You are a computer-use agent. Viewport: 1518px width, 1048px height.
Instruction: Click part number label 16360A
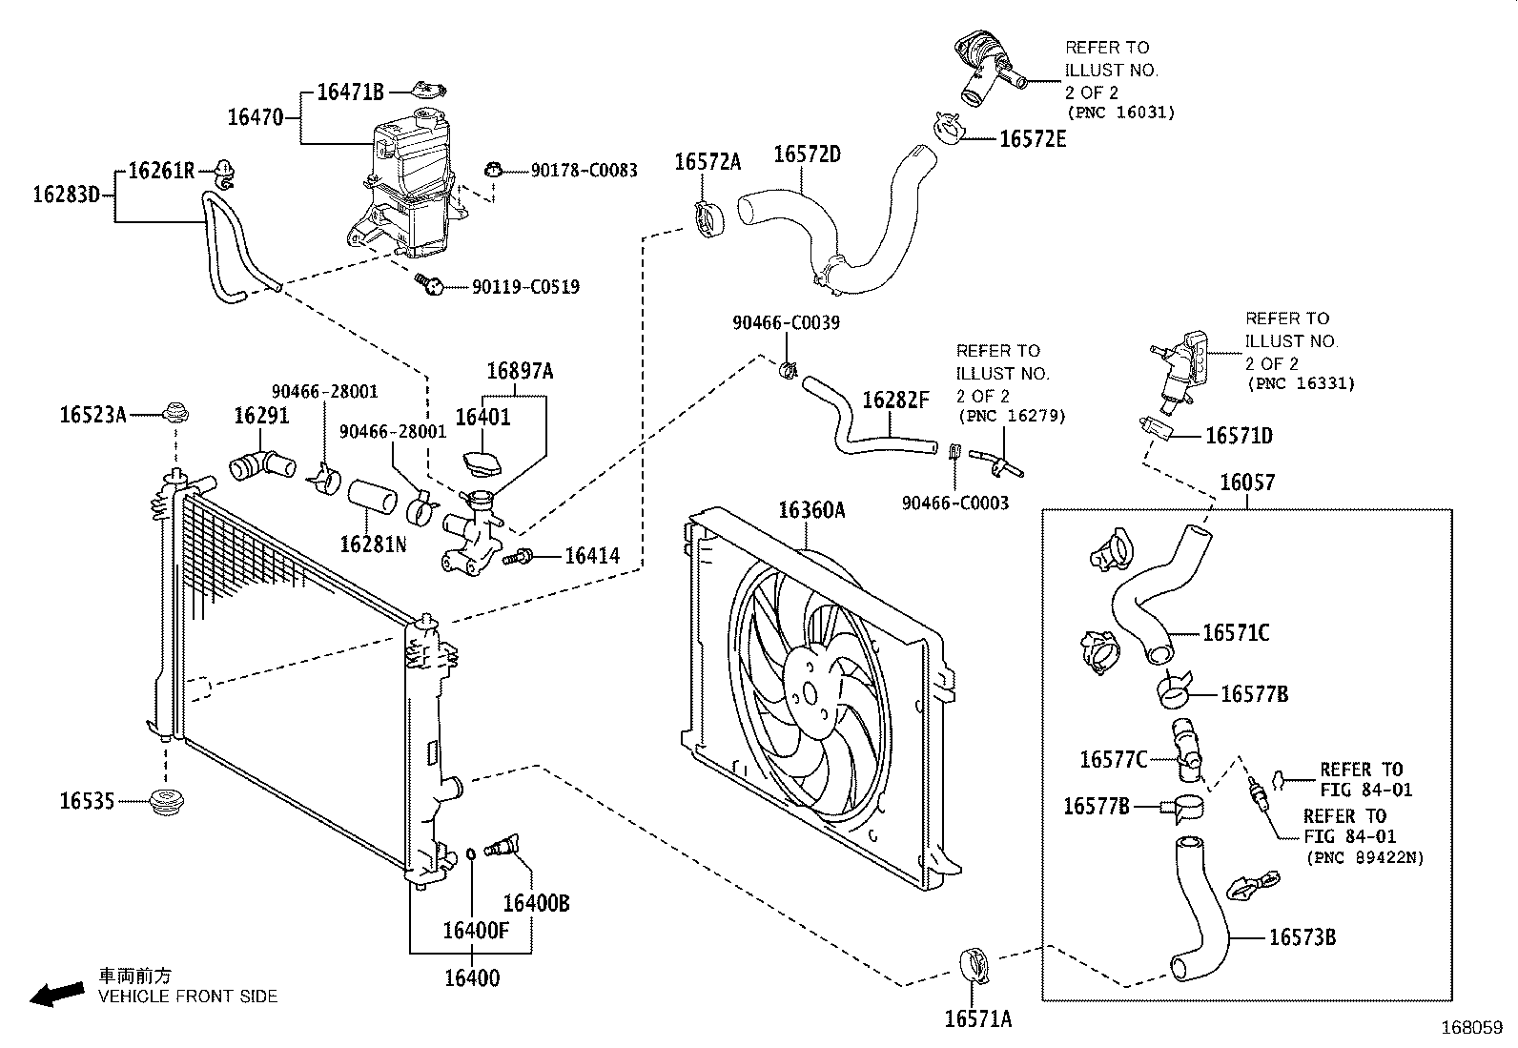click(811, 511)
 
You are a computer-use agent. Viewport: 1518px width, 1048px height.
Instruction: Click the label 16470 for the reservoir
click(255, 117)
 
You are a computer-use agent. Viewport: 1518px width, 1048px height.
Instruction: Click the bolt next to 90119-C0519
click(430, 283)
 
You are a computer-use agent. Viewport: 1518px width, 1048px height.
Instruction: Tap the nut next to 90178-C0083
click(494, 171)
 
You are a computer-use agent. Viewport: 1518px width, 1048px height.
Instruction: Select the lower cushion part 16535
click(168, 803)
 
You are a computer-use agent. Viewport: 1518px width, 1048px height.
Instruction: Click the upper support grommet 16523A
click(174, 414)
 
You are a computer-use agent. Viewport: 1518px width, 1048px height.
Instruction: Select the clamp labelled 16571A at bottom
click(974, 963)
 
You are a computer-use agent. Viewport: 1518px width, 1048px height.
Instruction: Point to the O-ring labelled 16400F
click(471, 853)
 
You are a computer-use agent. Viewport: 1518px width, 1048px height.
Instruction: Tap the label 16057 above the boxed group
click(1247, 483)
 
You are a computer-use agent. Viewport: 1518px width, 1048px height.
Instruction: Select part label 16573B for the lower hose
click(1302, 937)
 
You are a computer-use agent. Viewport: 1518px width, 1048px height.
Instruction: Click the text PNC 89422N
click(1364, 857)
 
